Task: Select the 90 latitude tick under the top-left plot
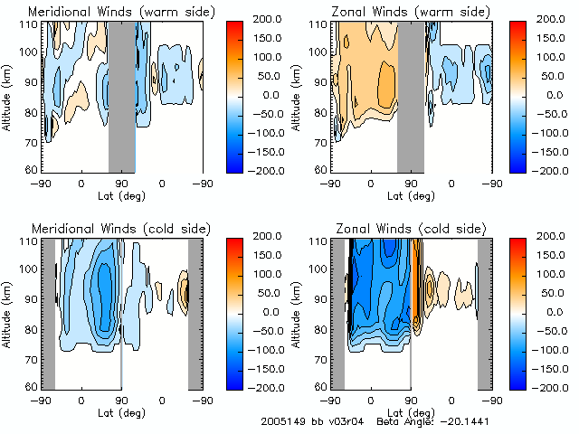tap(121, 182)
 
